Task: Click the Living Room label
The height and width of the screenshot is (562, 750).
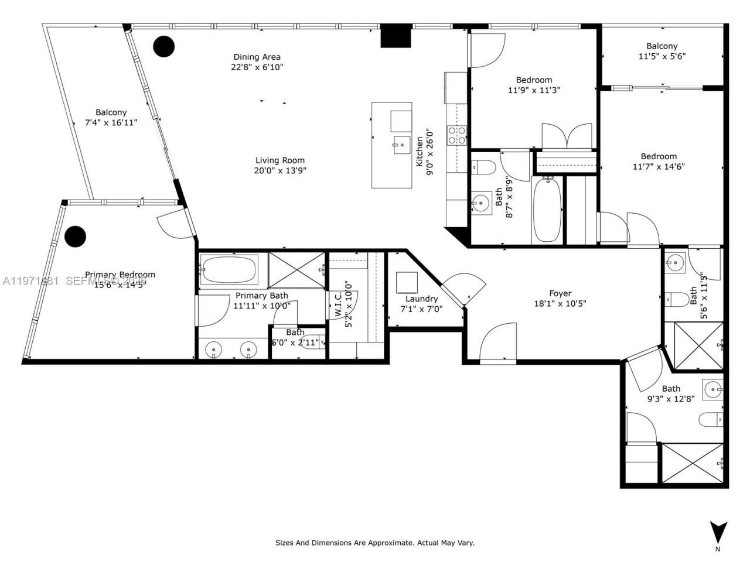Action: click(279, 160)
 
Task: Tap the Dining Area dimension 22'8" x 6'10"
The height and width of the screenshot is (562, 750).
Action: click(257, 67)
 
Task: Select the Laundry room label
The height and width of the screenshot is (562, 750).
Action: click(421, 299)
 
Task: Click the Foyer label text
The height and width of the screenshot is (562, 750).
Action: click(560, 293)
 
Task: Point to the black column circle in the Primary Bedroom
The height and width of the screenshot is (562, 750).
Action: click(75, 236)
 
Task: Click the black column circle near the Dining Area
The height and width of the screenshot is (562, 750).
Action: click(163, 46)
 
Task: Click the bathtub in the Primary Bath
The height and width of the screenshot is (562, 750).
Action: click(229, 269)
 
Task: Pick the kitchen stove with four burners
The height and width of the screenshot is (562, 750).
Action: click(457, 135)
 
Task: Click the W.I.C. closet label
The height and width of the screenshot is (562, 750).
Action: click(339, 304)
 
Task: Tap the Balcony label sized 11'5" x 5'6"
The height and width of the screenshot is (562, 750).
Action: click(662, 46)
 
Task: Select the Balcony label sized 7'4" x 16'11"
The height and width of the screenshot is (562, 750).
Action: click(111, 112)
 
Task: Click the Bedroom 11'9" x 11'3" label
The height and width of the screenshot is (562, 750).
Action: click(534, 80)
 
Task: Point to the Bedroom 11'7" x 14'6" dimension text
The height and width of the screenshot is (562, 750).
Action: click(659, 166)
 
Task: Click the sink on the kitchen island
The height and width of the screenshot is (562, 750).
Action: click(402, 143)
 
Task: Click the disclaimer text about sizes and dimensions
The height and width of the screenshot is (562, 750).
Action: click(375, 543)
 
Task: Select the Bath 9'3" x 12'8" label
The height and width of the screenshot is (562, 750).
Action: click(671, 389)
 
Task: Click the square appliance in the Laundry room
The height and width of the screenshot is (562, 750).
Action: click(406, 282)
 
